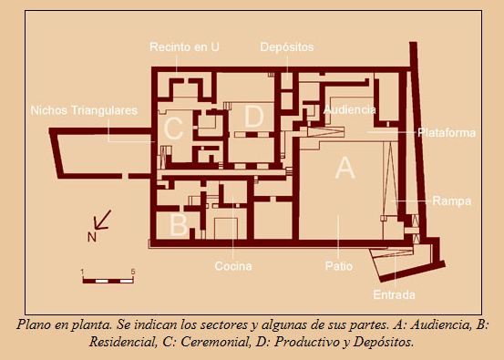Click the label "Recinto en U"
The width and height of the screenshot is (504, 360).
(x=185, y=46)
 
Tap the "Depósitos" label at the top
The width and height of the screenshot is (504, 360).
(x=287, y=46)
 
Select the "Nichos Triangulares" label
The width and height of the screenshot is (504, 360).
(x=84, y=109)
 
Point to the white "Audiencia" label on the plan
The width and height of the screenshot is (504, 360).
(x=349, y=109)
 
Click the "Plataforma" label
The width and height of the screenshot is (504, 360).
(x=447, y=132)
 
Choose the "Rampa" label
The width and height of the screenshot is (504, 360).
(x=451, y=201)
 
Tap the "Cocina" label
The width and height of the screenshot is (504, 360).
(x=232, y=266)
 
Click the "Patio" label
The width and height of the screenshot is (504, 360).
(x=338, y=266)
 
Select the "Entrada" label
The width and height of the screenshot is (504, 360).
(x=394, y=295)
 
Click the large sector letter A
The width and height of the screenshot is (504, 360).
(x=344, y=168)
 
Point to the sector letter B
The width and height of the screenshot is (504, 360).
(x=179, y=221)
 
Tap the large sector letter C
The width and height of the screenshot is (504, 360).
(x=173, y=130)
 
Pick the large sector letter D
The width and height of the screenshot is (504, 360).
(x=254, y=117)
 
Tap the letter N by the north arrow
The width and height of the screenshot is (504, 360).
(x=91, y=237)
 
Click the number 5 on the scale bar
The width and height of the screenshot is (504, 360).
(x=133, y=272)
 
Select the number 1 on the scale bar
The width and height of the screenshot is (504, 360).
(x=83, y=272)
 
